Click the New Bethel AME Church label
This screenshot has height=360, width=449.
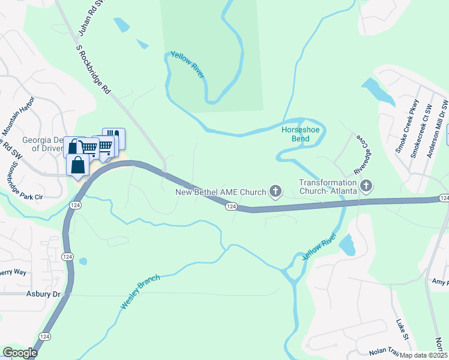click(220, 192)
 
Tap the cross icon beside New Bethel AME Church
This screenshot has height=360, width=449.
click(276, 191)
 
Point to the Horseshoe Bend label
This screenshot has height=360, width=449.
click(296, 134)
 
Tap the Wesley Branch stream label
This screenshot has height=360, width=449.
click(140, 292)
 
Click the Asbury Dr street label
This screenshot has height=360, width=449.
click(44, 294)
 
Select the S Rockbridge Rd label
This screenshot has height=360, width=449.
click(94, 68)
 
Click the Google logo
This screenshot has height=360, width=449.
click(20, 353)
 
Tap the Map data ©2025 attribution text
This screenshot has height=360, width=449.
click(424, 355)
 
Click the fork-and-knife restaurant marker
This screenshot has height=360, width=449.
click(114, 137)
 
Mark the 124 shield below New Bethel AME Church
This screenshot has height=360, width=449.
click(231, 206)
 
